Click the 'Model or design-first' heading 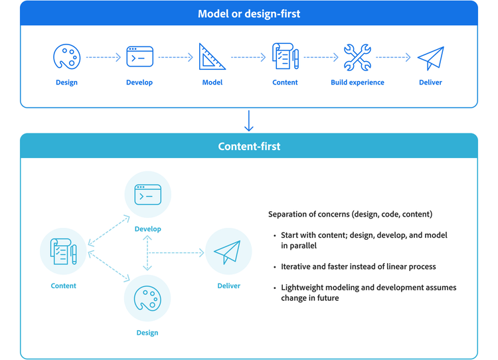(249, 13)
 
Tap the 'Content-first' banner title (249, 146)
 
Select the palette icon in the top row (66, 57)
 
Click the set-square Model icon (212, 57)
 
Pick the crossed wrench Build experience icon (357, 57)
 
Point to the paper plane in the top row (430, 58)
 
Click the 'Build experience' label (357, 82)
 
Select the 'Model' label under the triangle (212, 82)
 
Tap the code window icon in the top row (139, 57)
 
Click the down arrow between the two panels (249, 121)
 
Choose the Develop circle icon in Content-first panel (148, 195)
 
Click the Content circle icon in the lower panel (64, 252)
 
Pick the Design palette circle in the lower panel (147, 299)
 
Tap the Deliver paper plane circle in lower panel (228, 252)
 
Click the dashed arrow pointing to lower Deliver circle (176, 252)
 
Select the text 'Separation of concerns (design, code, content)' (350, 215)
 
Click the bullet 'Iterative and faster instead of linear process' (358, 266)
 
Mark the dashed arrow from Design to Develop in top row (103, 58)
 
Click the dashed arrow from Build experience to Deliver (394, 58)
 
